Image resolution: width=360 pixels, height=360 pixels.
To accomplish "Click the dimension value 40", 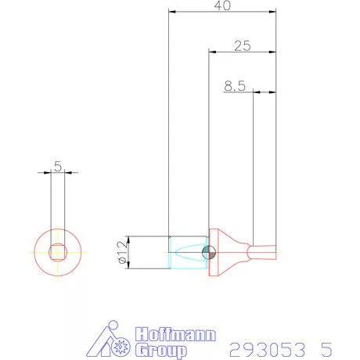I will click(223, 5).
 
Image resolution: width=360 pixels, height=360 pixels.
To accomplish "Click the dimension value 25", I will click(242, 46).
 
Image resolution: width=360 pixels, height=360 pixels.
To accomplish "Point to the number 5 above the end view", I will click(58, 166).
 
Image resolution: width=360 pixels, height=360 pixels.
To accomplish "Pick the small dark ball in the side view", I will click(207, 252).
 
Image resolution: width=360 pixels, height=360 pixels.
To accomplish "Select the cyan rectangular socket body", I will click(188, 252).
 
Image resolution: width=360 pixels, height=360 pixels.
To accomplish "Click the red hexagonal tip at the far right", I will click(266, 252).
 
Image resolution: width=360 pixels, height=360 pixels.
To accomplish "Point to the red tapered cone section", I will click(232, 252).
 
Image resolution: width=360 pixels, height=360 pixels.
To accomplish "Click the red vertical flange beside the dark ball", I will click(214, 252).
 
